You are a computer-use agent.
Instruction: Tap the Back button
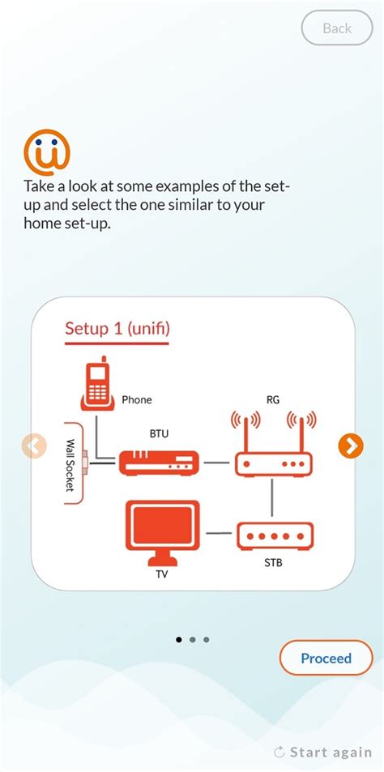click(337, 28)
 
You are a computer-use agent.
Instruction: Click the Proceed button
click(326, 658)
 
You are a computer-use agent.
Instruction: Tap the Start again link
click(323, 752)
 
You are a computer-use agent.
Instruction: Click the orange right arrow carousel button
click(350, 446)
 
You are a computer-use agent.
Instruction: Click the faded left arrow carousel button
click(34, 446)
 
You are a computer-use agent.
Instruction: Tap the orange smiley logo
click(47, 152)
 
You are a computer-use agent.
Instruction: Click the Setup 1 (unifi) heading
click(117, 329)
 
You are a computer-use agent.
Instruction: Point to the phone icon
click(97, 384)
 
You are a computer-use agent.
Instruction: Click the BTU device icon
click(159, 463)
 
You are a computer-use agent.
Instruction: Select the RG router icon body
click(274, 463)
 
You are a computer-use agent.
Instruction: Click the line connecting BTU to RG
click(216, 463)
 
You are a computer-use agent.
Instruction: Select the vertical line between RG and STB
click(274, 499)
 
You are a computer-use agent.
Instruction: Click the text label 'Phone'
click(136, 399)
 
